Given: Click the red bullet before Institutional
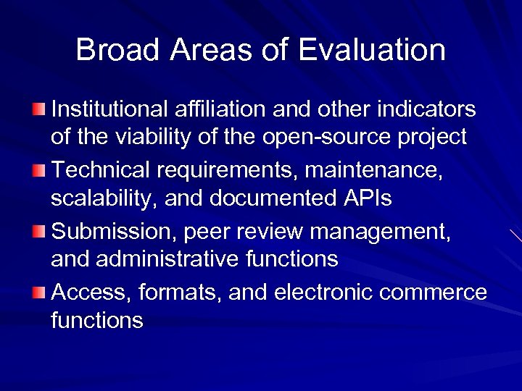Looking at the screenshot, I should click(x=38, y=109).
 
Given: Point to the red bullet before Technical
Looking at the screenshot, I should click(x=38, y=171).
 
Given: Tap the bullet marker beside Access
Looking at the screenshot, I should click(x=38, y=292).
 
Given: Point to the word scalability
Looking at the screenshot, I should click(x=104, y=198).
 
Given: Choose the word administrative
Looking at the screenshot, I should click(x=167, y=258).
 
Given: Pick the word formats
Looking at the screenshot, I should click(x=175, y=292).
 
